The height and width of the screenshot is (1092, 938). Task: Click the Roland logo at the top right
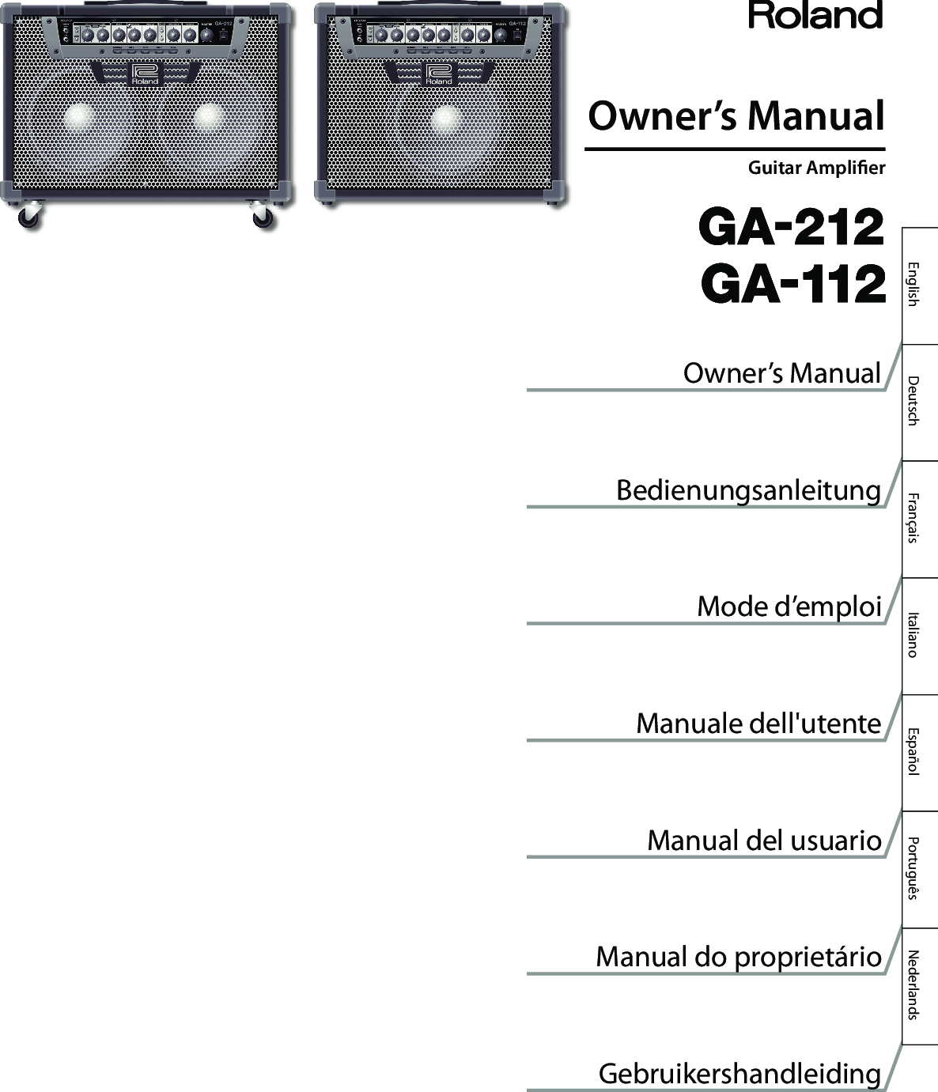click(815, 16)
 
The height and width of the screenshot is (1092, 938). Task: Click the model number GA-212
click(792, 228)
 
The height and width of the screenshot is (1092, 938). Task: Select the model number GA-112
click(793, 285)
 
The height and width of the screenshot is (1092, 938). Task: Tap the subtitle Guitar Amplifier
click(816, 168)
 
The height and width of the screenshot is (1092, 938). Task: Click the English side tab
click(913, 284)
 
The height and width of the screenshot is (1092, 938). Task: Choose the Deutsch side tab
click(913, 401)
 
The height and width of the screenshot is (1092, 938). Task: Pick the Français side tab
click(913, 518)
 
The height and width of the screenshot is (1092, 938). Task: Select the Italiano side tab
click(913, 634)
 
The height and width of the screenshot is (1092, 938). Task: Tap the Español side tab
click(913, 751)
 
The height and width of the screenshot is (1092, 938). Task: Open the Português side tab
click(913, 867)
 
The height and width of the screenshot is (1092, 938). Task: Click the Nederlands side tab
click(913, 984)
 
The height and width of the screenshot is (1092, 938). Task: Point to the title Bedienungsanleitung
click(748, 490)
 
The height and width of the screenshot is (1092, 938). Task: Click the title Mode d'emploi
click(789, 606)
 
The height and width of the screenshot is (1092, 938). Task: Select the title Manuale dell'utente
click(758, 723)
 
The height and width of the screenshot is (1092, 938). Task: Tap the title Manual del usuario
click(764, 840)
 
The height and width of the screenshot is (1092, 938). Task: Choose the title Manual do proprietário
click(739, 957)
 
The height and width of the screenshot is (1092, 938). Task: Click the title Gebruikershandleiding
click(739, 1073)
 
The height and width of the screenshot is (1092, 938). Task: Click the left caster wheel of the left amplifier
click(28, 217)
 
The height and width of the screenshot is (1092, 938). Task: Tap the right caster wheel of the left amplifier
click(263, 217)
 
